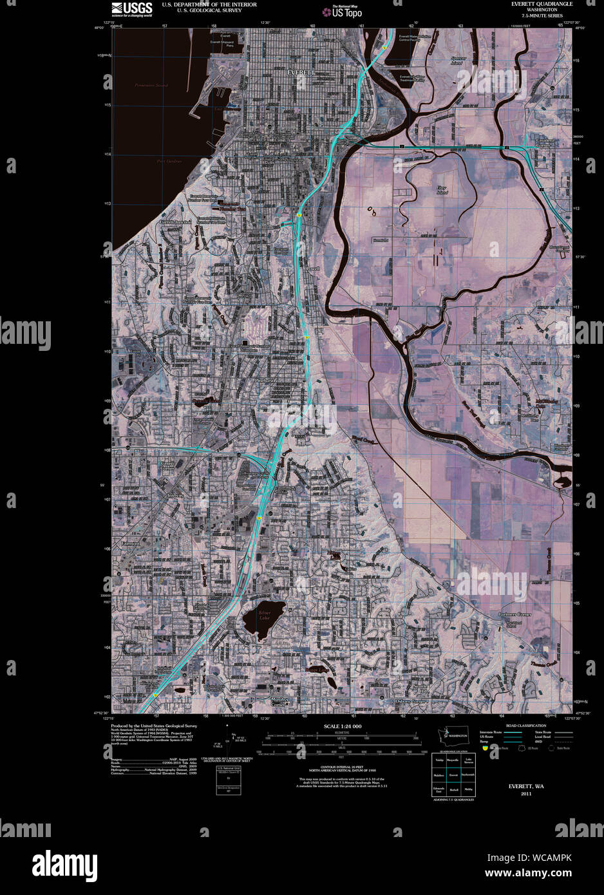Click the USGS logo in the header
pyautogui.click(x=131, y=9)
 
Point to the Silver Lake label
pyautogui.click(x=265, y=615)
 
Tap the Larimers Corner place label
pyautogui.click(x=514, y=614)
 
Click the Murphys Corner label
pyautogui.click(x=278, y=702)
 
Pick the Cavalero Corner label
pyautogui.click(x=544, y=142)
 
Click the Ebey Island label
pyautogui.click(x=442, y=189)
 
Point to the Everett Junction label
pyautogui.click(x=176, y=221)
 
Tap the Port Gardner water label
pyautogui.click(x=169, y=161)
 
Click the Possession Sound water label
pyautogui.click(x=151, y=85)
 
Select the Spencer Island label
pyautogui.click(x=457, y=61)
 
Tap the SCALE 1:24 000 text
pyautogui.click(x=343, y=726)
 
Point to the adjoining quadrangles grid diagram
pyautogui.click(x=453, y=775)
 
